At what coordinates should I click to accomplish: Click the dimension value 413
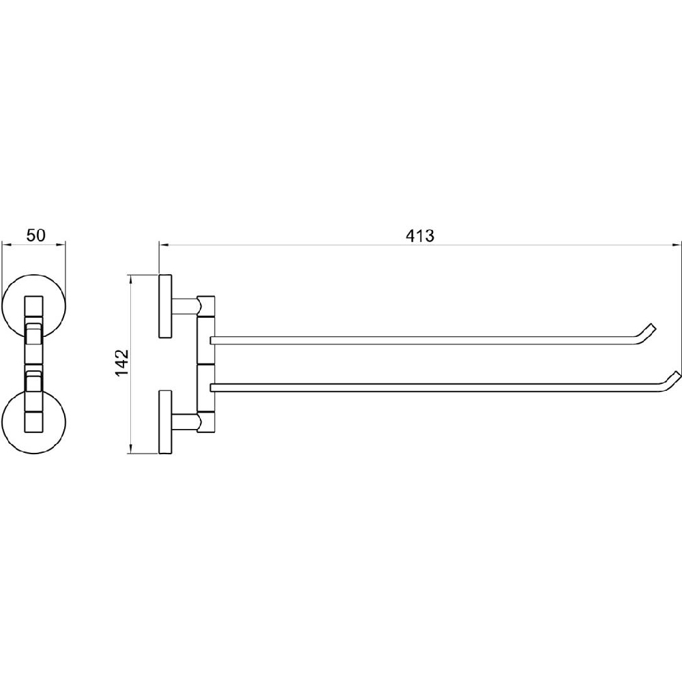point(419,236)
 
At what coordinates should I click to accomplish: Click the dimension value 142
point(122,363)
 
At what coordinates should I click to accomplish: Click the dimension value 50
point(35,235)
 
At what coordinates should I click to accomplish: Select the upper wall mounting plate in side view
point(165,306)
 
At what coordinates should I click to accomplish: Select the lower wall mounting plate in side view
point(165,422)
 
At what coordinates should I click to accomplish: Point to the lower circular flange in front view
point(34,422)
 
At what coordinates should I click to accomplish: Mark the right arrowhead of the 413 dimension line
point(678,245)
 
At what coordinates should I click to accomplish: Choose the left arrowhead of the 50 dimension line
point(5,245)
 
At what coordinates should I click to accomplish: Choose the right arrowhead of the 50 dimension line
point(62,245)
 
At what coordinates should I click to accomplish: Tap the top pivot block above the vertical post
point(206,306)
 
